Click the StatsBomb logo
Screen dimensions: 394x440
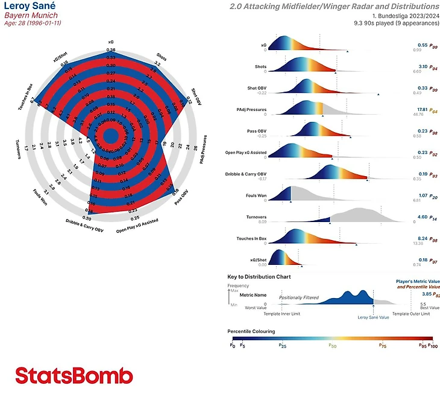pyautogui.click(x=74, y=375)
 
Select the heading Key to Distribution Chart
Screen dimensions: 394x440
pyautogui.click(x=259, y=276)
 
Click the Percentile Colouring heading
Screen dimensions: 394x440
pyautogui.click(x=251, y=331)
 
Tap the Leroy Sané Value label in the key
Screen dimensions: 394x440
pyautogui.click(x=373, y=317)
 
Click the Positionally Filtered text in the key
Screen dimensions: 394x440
pyautogui.click(x=298, y=297)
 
